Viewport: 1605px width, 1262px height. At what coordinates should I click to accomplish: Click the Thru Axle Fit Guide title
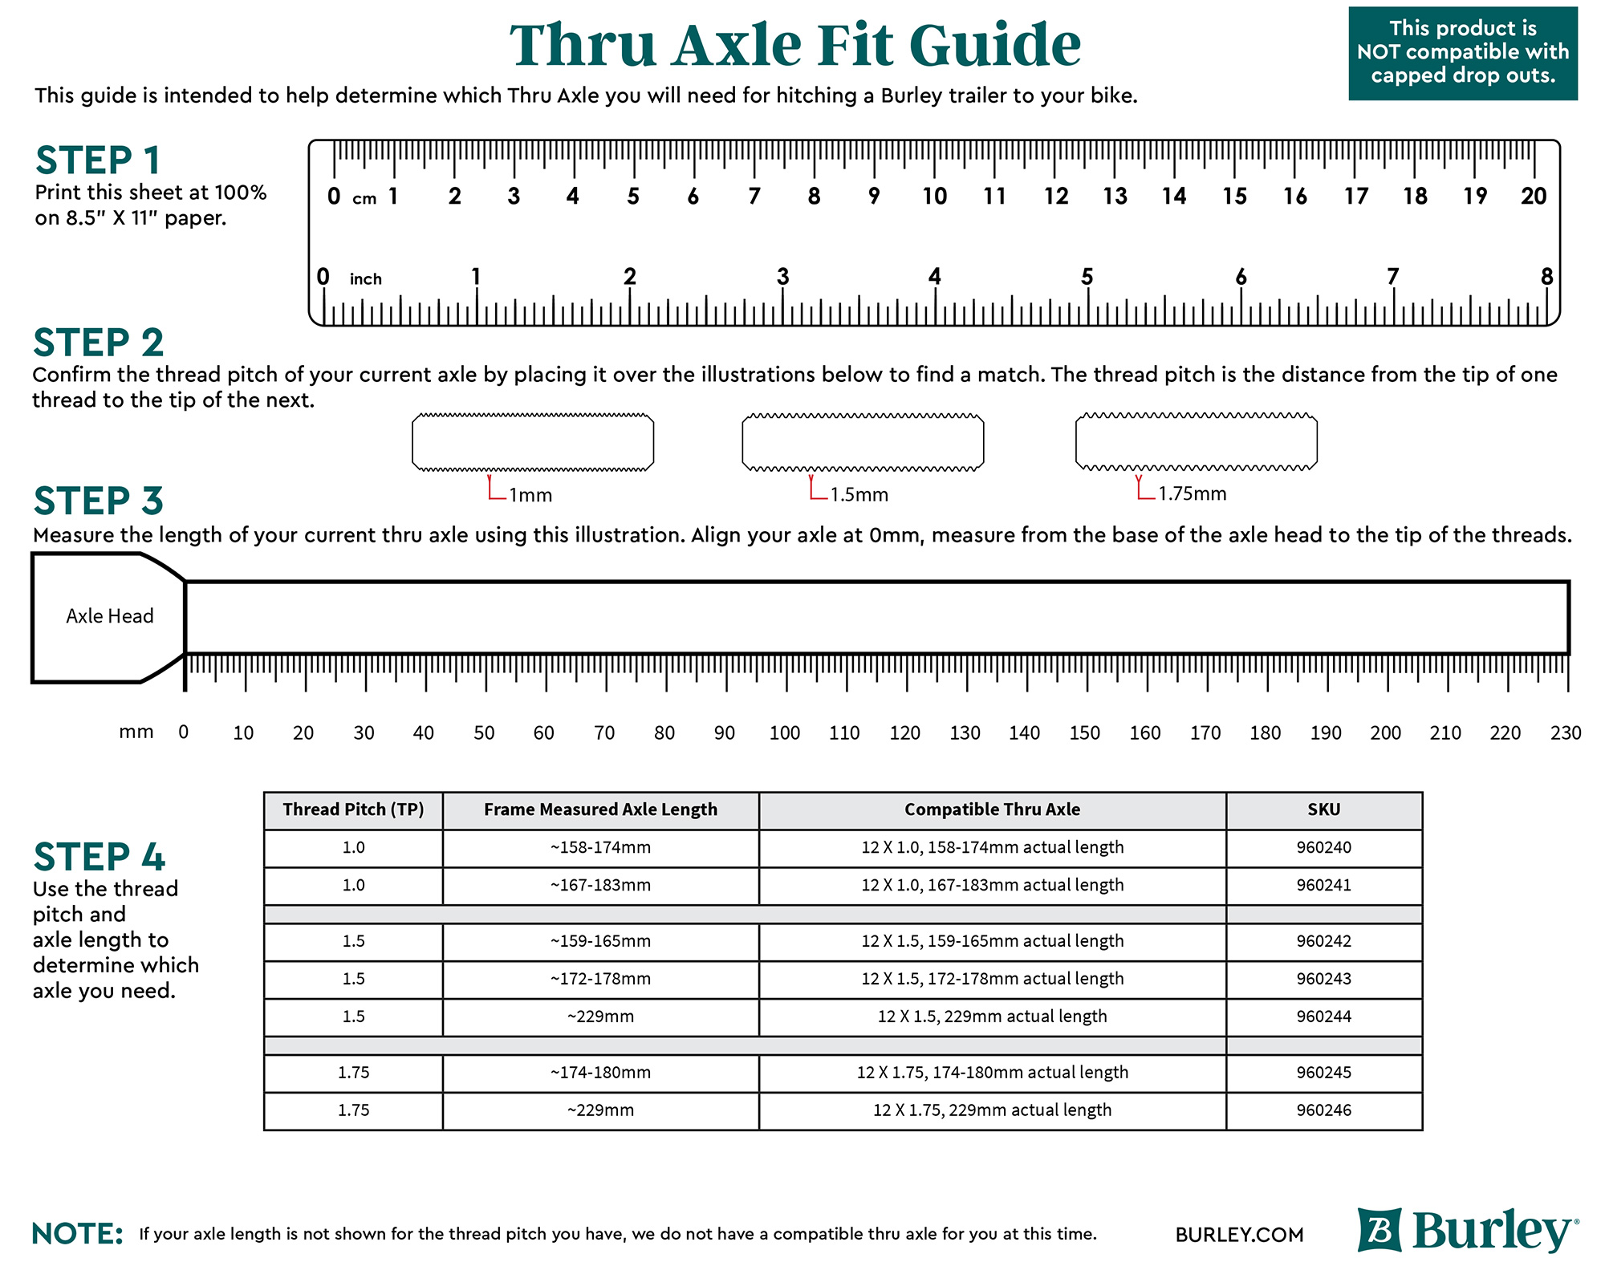pyautogui.click(x=794, y=45)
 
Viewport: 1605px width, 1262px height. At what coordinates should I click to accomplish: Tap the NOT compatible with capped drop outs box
pyautogui.click(x=1462, y=53)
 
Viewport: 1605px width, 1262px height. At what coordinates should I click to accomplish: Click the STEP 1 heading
pyautogui.click(x=98, y=160)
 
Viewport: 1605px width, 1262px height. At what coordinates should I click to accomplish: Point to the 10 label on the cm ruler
pyautogui.click(x=934, y=197)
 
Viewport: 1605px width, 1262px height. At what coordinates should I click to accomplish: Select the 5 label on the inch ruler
pyautogui.click(x=1087, y=277)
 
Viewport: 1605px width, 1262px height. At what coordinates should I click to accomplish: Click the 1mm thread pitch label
pyautogui.click(x=530, y=495)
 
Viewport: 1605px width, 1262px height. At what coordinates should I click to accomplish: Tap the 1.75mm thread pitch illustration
pyautogui.click(x=1196, y=441)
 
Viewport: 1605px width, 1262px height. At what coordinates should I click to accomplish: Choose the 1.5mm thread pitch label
pyautogui.click(x=859, y=494)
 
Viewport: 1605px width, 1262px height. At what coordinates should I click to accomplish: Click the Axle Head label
pyautogui.click(x=110, y=616)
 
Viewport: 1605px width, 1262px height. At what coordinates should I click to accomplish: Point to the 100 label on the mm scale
pyautogui.click(x=784, y=732)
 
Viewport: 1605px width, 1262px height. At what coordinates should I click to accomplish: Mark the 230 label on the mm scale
pyautogui.click(x=1566, y=732)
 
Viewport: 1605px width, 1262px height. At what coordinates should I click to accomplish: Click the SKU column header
pyautogui.click(x=1323, y=810)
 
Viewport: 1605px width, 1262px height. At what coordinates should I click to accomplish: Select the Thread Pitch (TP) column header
pyautogui.click(x=353, y=810)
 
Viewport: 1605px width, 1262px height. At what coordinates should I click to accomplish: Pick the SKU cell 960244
pyautogui.click(x=1323, y=1016)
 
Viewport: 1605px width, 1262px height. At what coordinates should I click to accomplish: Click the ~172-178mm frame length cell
pyautogui.click(x=600, y=979)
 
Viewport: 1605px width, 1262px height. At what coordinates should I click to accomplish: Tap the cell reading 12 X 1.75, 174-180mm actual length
pyautogui.click(x=992, y=1073)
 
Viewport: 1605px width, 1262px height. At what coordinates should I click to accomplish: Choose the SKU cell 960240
pyautogui.click(x=1323, y=847)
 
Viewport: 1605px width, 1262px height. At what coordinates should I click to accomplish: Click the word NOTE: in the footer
pyautogui.click(x=78, y=1233)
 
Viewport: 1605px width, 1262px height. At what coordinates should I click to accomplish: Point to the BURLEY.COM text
pyautogui.click(x=1239, y=1235)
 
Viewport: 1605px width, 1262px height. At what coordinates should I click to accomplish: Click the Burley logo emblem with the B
pyautogui.click(x=1379, y=1230)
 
